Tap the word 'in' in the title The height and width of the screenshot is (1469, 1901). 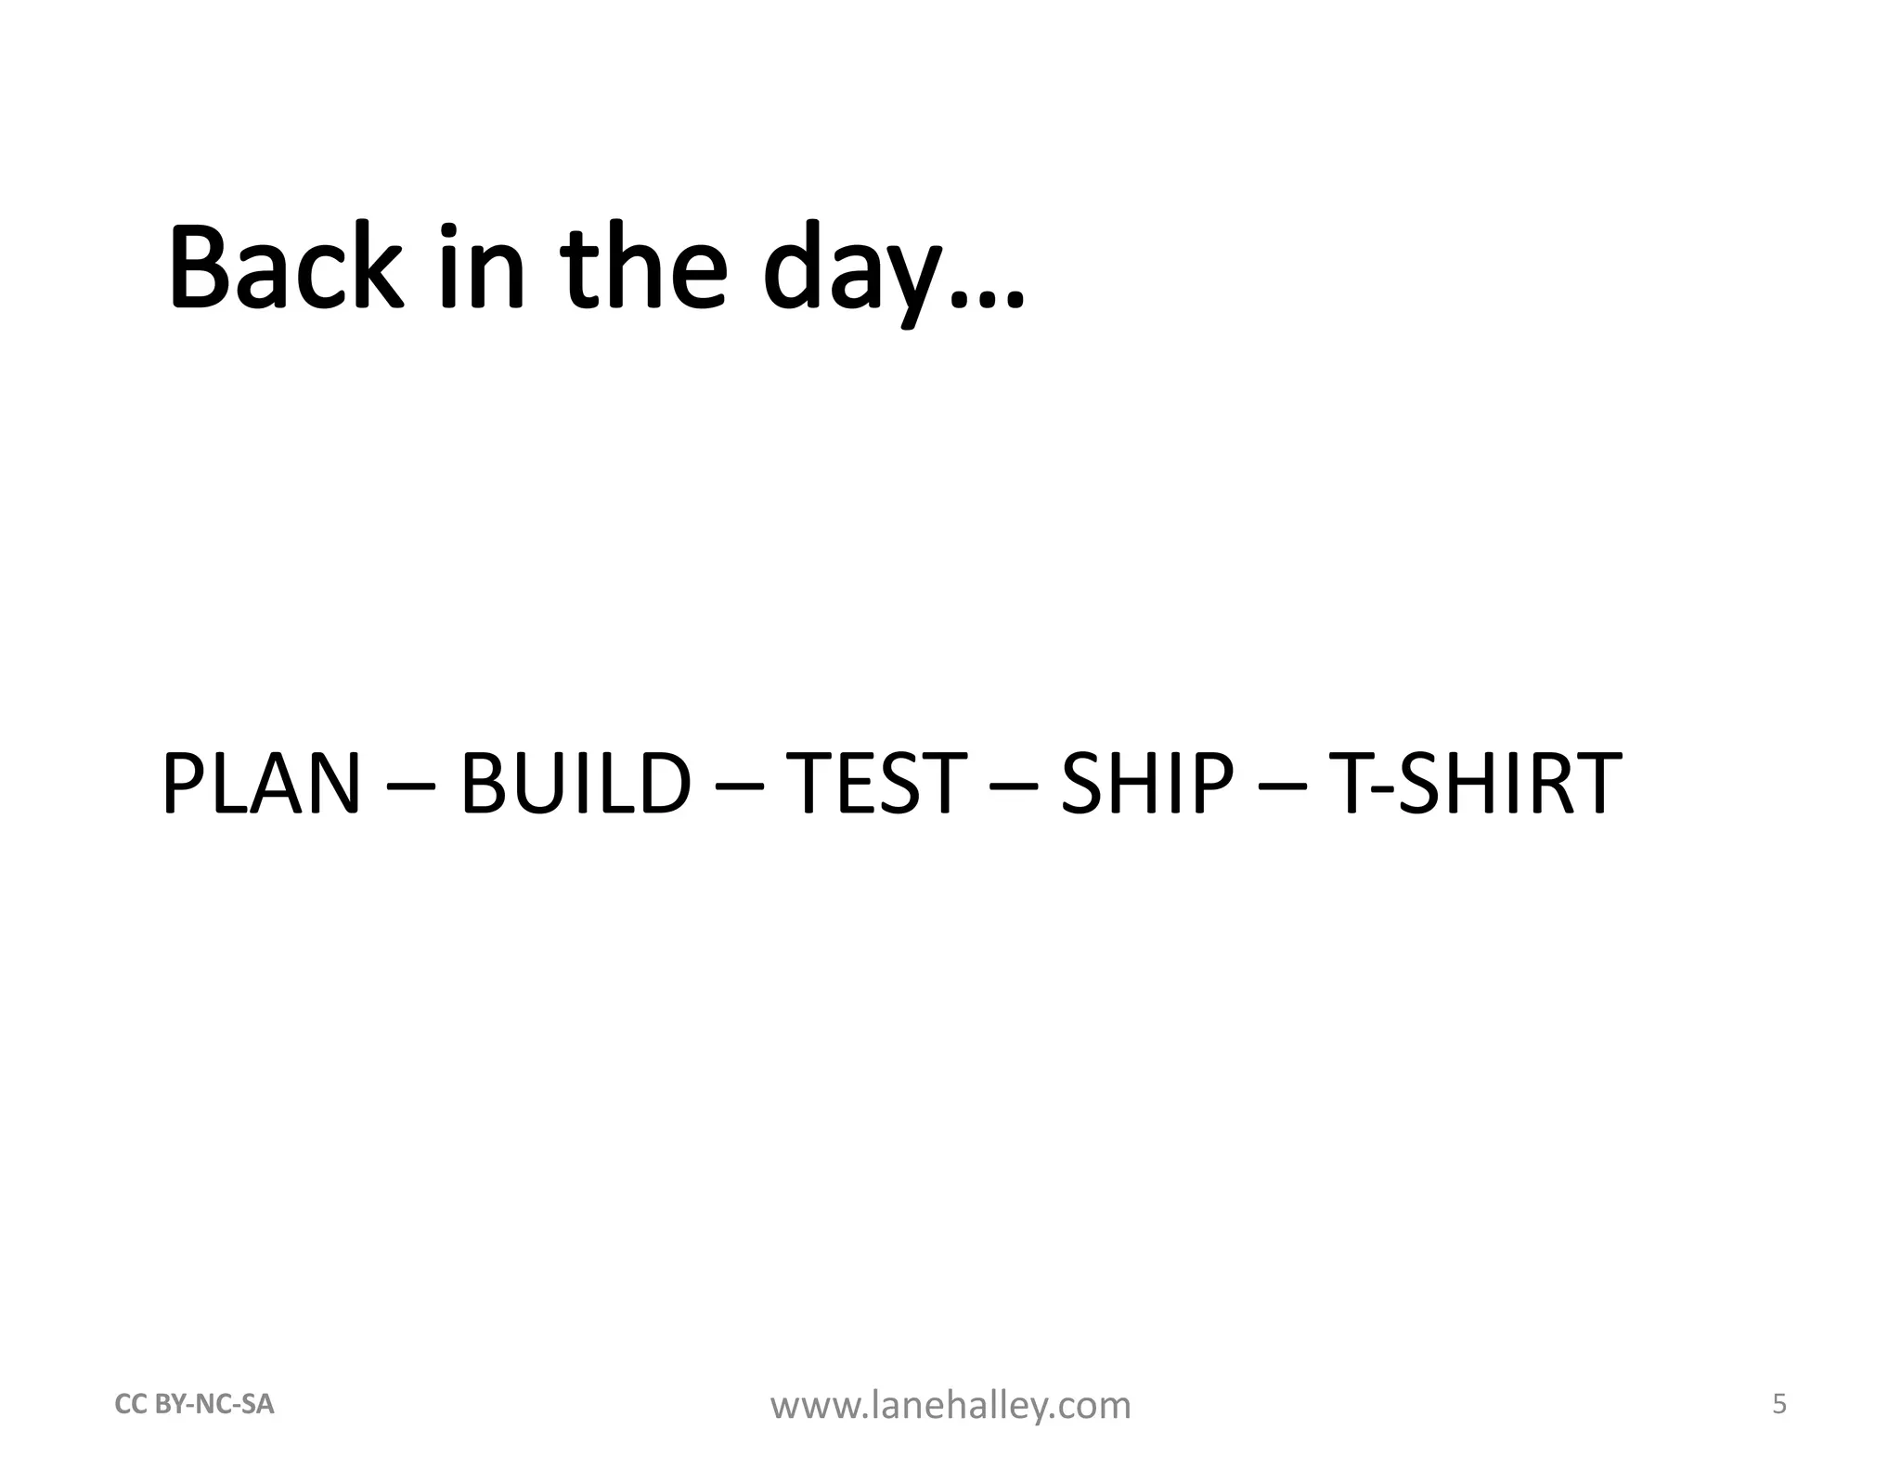pyautogui.click(x=483, y=267)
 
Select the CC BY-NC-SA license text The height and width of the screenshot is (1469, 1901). pyautogui.click(x=194, y=1405)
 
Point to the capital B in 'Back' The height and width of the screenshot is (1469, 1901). pyautogui.click(x=200, y=267)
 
